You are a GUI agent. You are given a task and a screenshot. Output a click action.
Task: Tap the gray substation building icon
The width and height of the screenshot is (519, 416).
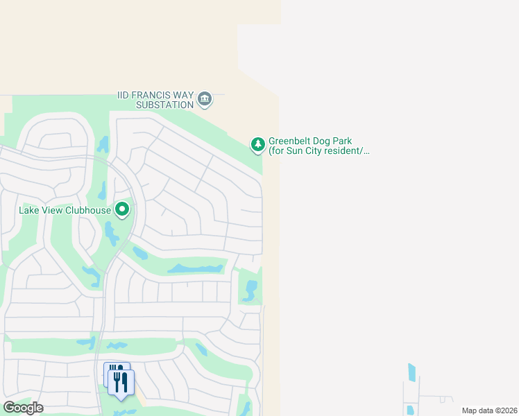click(x=205, y=100)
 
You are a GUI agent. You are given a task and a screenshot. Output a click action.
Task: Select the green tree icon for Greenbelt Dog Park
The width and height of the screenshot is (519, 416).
click(x=257, y=144)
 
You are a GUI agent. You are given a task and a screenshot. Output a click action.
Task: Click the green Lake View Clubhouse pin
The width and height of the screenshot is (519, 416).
click(x=122, y=209)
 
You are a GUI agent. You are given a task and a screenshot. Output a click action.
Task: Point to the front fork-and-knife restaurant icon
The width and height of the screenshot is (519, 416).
click(x=122, y=383)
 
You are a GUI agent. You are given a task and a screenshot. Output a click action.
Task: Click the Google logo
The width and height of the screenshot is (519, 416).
click(x=24, y=408)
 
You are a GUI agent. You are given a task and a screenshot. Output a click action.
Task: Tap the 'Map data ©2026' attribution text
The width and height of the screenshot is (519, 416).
click(x=489, y=410)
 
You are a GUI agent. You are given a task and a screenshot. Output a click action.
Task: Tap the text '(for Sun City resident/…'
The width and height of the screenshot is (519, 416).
click(x=319, y=150)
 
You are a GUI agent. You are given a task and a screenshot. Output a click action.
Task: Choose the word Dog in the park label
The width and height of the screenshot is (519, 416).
click(x=329, y=141)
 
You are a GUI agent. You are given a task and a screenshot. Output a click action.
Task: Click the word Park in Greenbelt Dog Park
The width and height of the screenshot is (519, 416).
click(x=352, y=141)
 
